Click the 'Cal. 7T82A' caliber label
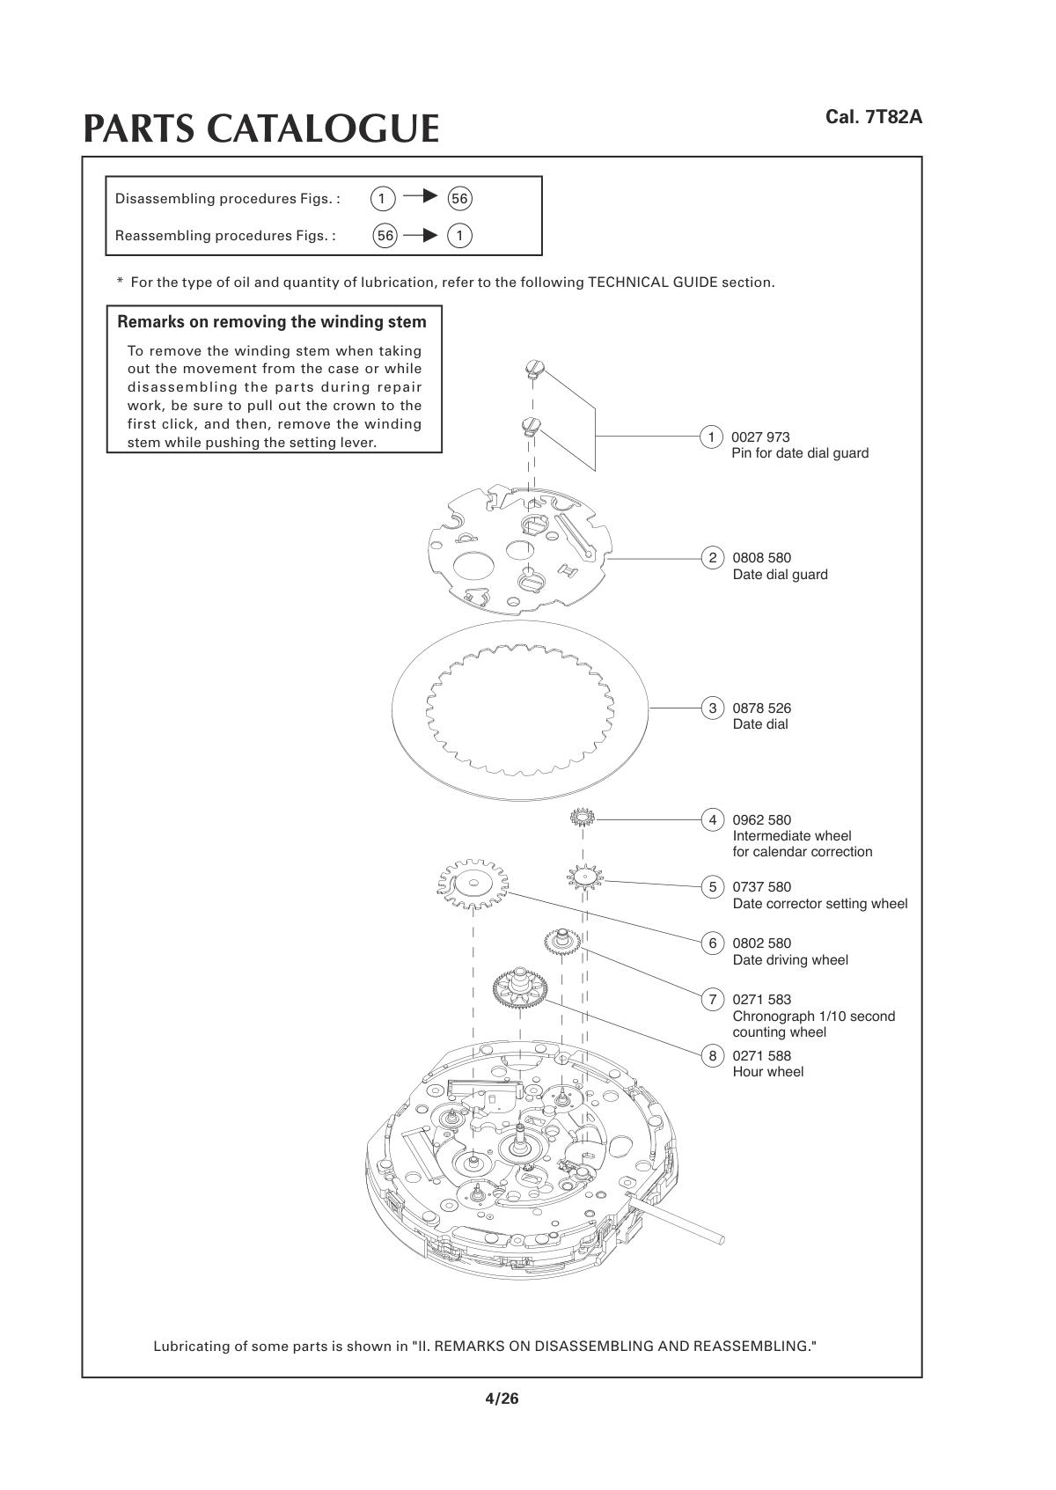pyautogui.click(x=873, y=117)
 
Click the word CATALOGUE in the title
pyautogui.click(x=322, y=128)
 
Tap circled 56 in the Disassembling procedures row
pyautogui.click(x=459, y=198)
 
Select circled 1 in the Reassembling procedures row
pyautogui.click(x=459, y=235)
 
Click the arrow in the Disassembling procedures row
pyautogui.click(x=421, y=196)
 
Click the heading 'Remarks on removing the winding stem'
pyautogui.click(x=272, y=321)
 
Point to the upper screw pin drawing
pyautogui.click(x=532, y=369)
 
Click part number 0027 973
pyautogui.click(x=761, y=437)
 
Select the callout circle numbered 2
pyautogui.click(x=712, y=558)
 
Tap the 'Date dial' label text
pyautogui.click(x=760, y=724)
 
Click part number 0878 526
pyautogui.click(x=762, y=708)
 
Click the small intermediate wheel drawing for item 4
pyautogui.click(x=583, y=818)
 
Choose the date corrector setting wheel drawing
pyautogui.click(x=584, y=877)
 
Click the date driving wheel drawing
pyautogui.click(x=473, y=885)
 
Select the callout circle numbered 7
pyautogui.click(x=712, y=1000)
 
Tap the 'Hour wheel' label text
pyautogui.click(x=768, y=1072)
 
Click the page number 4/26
pyautogui.click(x=502, y=1398)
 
